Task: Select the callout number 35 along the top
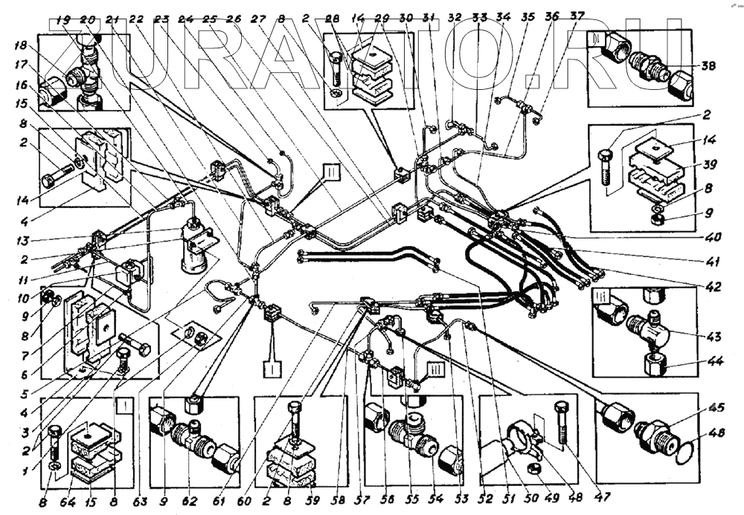coord(529,16)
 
